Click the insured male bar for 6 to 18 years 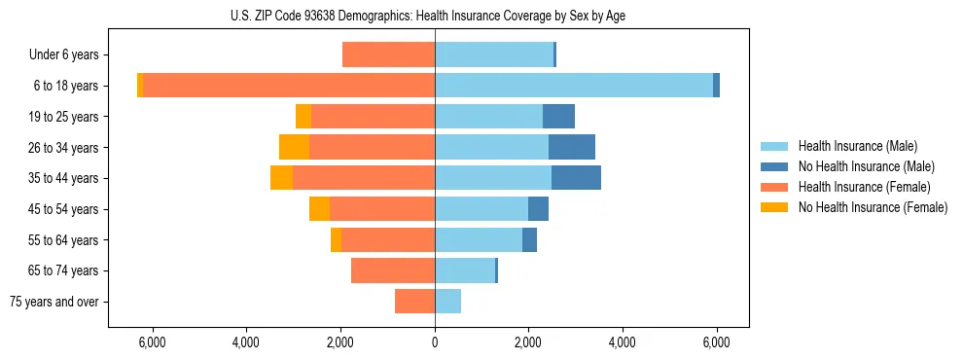(x=574, y=86)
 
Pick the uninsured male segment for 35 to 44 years (x=576, y=178)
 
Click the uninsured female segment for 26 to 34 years (x=294, y=147)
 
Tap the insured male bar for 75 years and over (x=447, y=302)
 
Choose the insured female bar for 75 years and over (x=414, y=302)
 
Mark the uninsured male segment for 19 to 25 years (x=558, y=117)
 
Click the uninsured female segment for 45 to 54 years (x=319, y=209)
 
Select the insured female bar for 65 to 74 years (x=393, y=270)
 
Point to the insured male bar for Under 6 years (x=493, y=55)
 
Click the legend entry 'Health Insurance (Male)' (x=857, y=146)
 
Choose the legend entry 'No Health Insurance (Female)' (x=873, y=207)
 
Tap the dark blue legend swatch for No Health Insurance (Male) (x=775, y=166)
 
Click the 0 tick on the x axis (x=435, y=342)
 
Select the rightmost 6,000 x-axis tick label (x=716, y=342)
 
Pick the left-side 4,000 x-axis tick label (x=246, y=342)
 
